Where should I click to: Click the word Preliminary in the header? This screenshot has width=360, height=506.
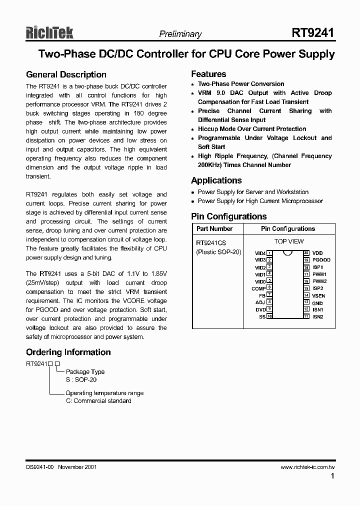pyautogui.click(x=180, y=34)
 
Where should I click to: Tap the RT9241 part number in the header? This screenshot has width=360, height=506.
pyautogui.click(x=313, y=33)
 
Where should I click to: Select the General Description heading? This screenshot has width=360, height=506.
pyautogui.click(x=66, y=74)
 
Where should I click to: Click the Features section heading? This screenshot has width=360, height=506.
pyautogui.click(x=208, y=74)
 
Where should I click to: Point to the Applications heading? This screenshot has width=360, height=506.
pyautogui.click(x=216, y=180)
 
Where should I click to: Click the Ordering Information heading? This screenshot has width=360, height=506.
pyautogui.click(x=68, y=352)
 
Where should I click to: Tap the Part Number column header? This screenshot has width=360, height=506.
pyautogui.click(x=214, y=228)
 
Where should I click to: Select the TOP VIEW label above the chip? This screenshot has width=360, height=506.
pyautogui.click(x=289, y=241)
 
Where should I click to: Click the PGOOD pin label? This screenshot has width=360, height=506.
pyautogui.click(x=321, y=260)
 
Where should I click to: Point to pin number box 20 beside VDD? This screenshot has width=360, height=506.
pyautogui.click(x=306, y=253)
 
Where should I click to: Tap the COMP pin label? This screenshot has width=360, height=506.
pyautogui.click(x=258, y=288)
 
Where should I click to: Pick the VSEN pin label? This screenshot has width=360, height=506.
pyautogui.click(x=318, y=296)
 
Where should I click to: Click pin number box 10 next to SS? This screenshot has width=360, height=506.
pyautogui.click(x=269, y=316)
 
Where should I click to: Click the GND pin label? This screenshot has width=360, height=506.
pyautogui.click(x=317, y=303)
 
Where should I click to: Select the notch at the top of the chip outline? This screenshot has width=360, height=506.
pyautogui.click(x=287, y=252)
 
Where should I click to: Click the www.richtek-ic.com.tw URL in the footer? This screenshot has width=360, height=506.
pyautogui.click(x=307, y=467)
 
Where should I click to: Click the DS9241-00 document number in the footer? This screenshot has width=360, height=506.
pyautogui.click(x=40, y=467)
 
